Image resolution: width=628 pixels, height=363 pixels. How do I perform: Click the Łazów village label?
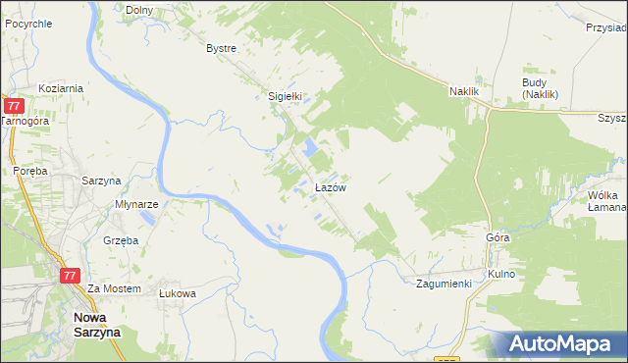[328, 186]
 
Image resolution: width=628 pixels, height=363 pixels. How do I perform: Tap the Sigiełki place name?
[284, 96]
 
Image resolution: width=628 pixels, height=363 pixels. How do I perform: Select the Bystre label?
[221, 48]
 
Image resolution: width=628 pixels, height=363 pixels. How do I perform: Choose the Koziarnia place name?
[61, 87]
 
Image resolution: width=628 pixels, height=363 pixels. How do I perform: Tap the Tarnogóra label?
[25, 121]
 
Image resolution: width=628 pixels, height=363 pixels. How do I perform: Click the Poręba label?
[30, 169]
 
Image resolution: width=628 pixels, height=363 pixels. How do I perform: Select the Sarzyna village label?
[100, 181]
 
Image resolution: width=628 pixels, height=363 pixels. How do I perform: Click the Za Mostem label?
[115, 289]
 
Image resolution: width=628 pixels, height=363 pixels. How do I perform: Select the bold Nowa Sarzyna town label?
[97, 325]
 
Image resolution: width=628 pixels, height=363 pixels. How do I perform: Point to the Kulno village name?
[500, 274]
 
